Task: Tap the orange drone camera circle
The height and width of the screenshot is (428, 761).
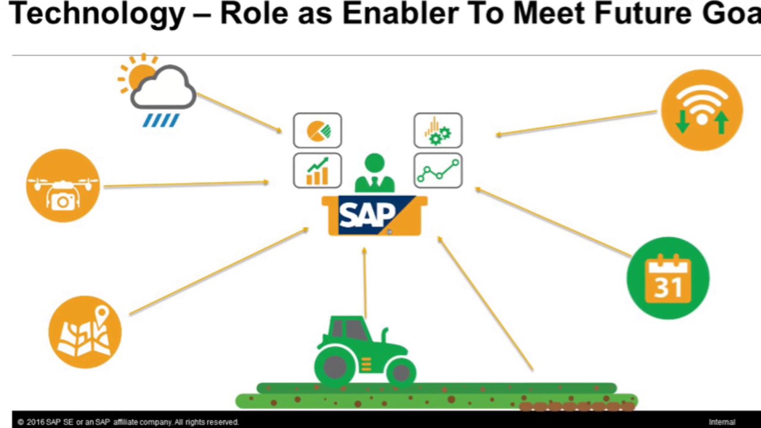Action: (x=63, y=185)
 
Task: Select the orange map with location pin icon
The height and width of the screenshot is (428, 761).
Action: (x=85, y=332)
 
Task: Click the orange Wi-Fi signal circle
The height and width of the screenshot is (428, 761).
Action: (x=702, y=110)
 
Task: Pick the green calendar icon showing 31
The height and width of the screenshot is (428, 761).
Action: (x=668, y=278)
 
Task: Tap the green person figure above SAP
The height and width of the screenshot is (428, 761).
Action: (x=375, y=174)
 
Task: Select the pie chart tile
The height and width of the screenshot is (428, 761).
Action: (x=317, y=130)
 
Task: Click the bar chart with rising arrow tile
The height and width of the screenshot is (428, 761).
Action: (x=317, y=171)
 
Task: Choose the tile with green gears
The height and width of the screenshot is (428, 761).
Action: (x=438, y=130)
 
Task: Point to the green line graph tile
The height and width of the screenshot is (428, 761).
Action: (x=438, y=171)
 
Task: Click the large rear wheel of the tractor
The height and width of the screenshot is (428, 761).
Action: (x=335, y=366)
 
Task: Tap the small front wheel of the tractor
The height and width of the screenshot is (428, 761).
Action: (x=401, y=373)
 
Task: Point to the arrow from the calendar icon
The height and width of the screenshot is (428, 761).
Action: (x=553, y=223)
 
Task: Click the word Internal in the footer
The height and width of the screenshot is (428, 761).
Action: (x=722, y=422)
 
